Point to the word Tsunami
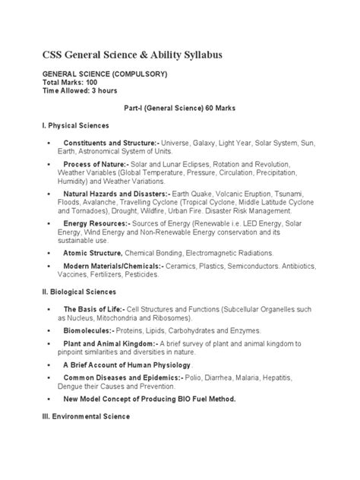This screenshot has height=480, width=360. click(x=307, y=194)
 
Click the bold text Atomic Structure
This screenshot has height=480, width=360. click(x=92, y=252)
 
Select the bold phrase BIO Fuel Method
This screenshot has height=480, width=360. click(x=201, y=399)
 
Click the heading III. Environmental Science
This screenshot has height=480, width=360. click(x=83, y=416)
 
